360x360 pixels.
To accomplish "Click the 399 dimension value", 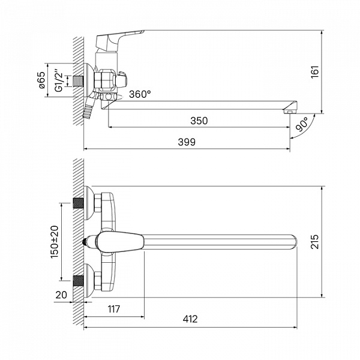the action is coord(187,142).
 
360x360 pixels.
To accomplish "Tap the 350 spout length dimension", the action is coord(199,121).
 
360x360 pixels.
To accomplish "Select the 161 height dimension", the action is coord(315,72).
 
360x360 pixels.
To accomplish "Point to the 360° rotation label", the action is coord(140,94).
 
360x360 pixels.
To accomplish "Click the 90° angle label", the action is coord(302,124).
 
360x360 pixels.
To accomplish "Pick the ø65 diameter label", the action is coord(42,80).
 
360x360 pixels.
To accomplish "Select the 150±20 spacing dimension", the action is coord(55,242).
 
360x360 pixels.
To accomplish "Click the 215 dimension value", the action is coord(315,242).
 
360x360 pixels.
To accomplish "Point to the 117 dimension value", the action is coord(114,309).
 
